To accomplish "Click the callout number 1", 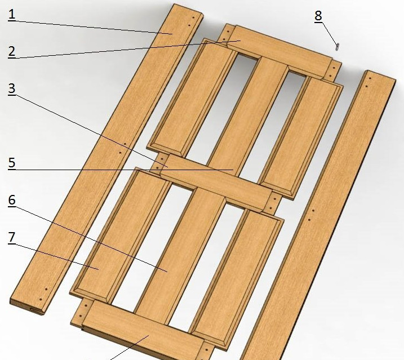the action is point(12,14).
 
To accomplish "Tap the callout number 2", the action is point(12,51).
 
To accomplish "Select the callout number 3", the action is point(12,88).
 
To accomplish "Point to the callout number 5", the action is point(12,163).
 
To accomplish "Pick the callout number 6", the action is point(12,200).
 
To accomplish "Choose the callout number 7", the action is point(12,237).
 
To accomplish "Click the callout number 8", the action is point(318,16).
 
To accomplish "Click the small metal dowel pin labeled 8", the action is point(338,47).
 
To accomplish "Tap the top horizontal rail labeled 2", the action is point(279,52).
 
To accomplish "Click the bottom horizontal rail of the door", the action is point(144,330).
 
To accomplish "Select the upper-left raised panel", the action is point(192,97).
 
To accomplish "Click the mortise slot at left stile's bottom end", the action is point(37,310).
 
